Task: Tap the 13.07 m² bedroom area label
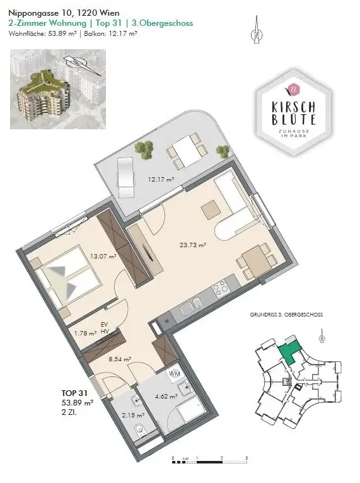pyautogui.click(x=103, y=257)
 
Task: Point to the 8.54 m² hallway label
pyautogui.click(x=119, y=359)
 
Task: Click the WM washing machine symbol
pyautogui.click(x=174, y=375)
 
